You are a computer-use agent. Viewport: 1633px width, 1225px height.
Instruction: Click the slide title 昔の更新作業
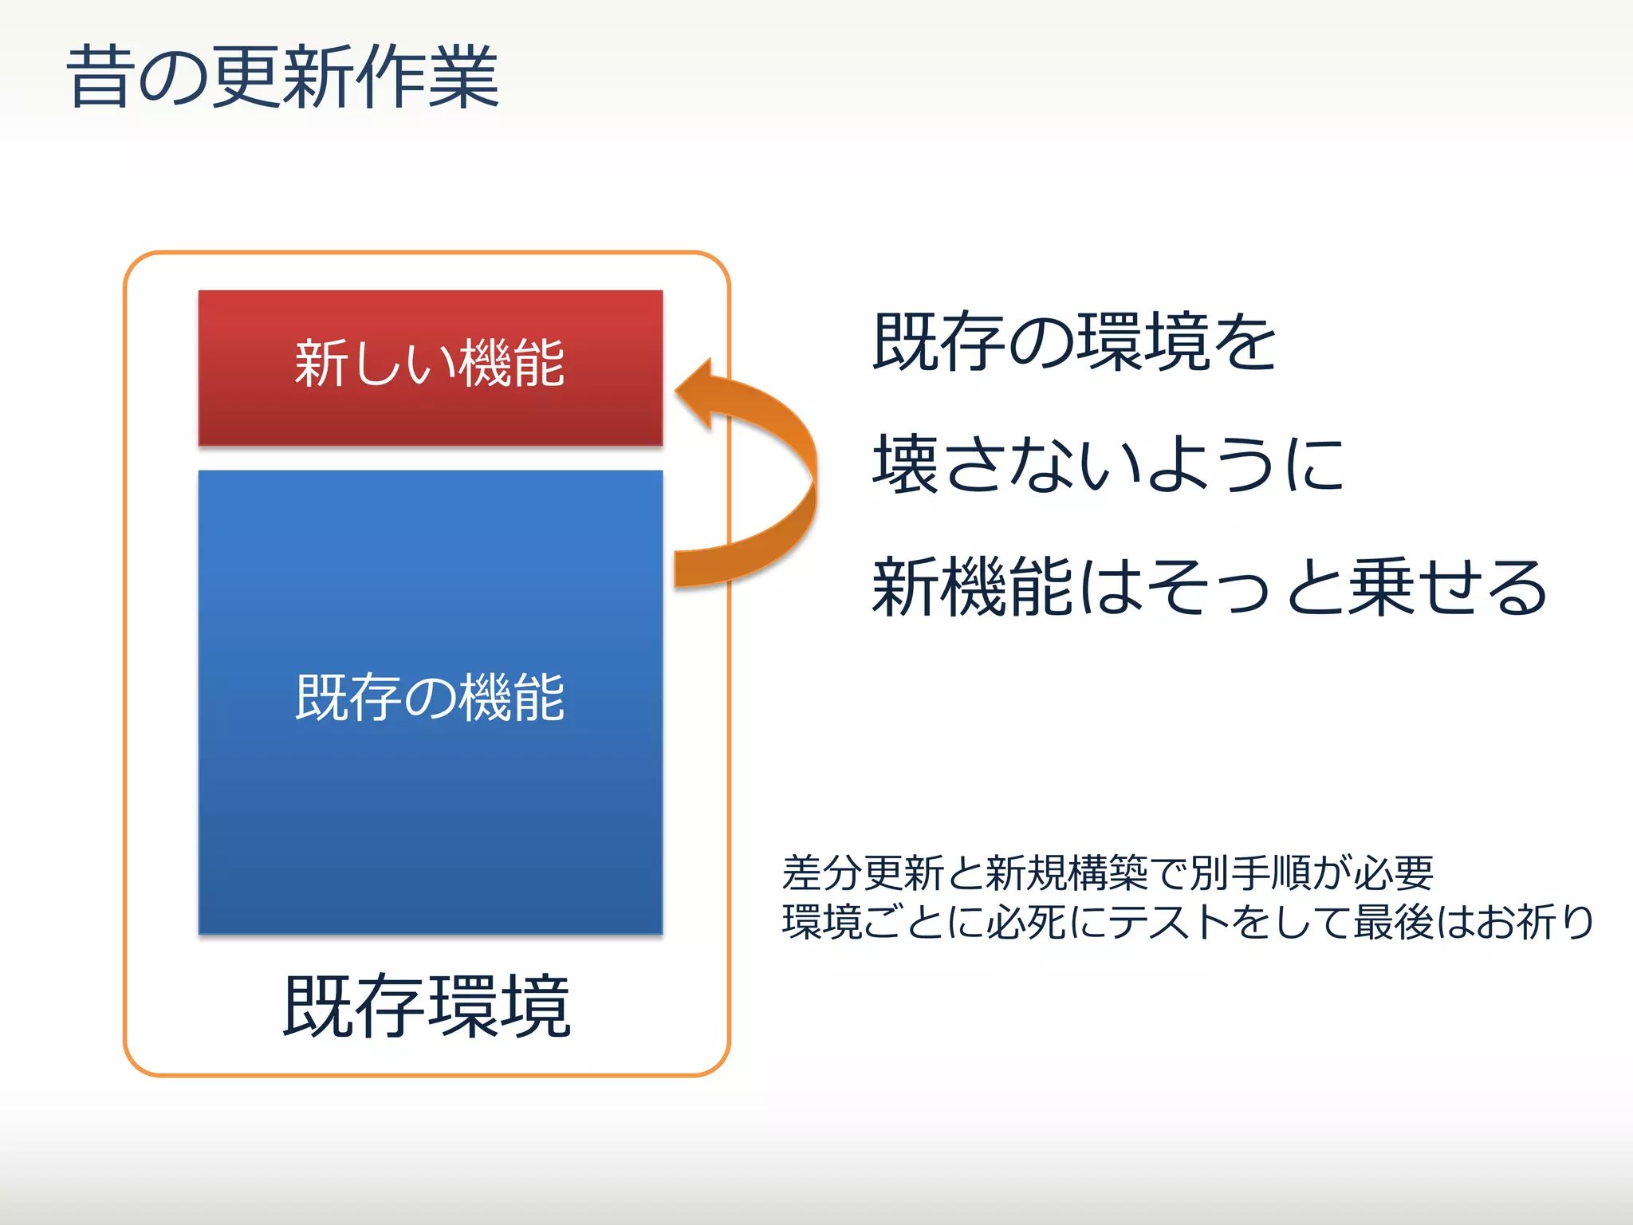[x=283, y=77]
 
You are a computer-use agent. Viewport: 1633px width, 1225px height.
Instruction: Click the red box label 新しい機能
[x=430, y=364]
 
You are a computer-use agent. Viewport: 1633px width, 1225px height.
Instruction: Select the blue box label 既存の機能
[x=430, y=698]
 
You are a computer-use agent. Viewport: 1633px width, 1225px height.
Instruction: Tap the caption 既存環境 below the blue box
[x=427, y=1006]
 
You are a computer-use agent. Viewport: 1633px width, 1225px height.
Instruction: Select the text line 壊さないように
[x=1108, y=465]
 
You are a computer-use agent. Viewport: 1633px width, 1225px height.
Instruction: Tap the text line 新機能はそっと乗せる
[x=1210, y=588]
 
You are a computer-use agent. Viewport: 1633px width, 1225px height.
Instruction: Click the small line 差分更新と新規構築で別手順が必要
[x=1108, y=872]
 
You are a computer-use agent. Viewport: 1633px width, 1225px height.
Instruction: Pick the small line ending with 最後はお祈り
[x=1187, y=922]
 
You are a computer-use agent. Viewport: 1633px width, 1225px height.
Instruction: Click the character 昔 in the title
[x=99, y=77]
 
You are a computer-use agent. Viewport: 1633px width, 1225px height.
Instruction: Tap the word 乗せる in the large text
[x=1447, y=588]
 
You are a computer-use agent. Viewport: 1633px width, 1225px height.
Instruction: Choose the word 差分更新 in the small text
[x=863, y=872]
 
